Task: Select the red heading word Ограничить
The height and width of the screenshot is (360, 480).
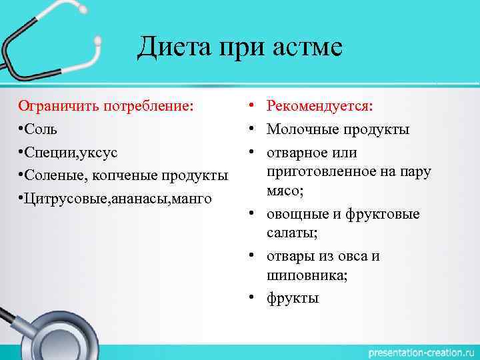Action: click(55, 105)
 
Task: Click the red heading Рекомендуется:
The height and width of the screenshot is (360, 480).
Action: click(320, 105)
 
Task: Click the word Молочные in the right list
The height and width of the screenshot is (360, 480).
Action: click(301, 129)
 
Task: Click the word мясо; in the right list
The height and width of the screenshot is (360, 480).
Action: click(285, 191)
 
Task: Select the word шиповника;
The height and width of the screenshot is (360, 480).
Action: click(307, 275)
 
